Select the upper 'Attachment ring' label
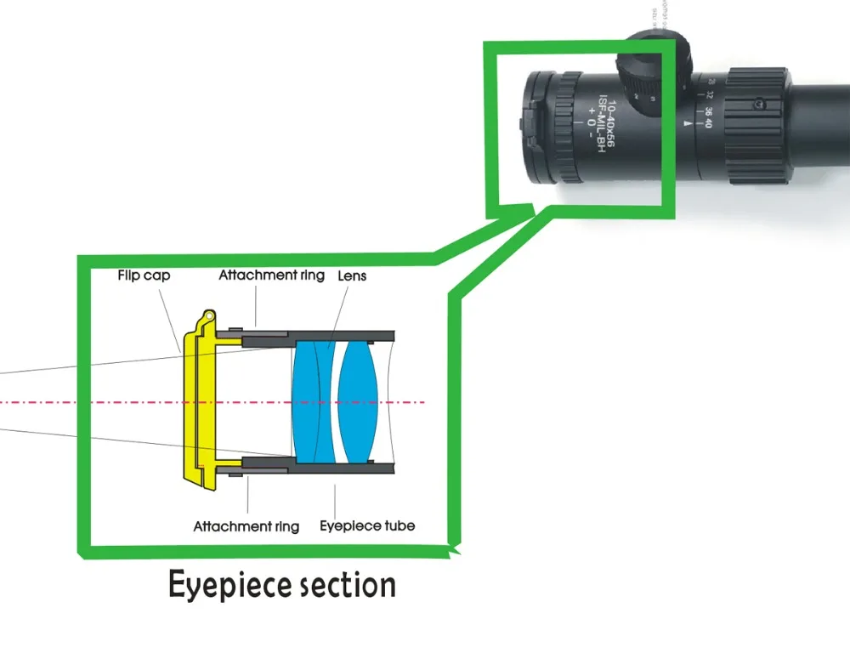click(x=271, y=276)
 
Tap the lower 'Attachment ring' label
click(x=246, y=526)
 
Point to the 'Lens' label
click(x=352, y=276)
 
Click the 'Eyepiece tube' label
click(x=367, y=526)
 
